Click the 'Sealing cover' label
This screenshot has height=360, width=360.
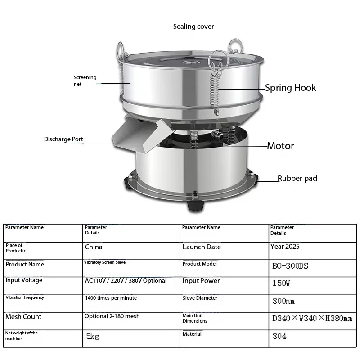point(193,27)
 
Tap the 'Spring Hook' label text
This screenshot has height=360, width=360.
point(290,88)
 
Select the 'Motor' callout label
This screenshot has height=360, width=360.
point(280,146)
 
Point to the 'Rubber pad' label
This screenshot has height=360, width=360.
point(297,178)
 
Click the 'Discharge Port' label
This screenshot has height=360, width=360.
point(63,139)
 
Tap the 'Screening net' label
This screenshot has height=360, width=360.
point(85,81)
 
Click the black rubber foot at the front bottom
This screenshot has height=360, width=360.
point(195,205)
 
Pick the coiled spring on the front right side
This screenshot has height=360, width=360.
point(215,94)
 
